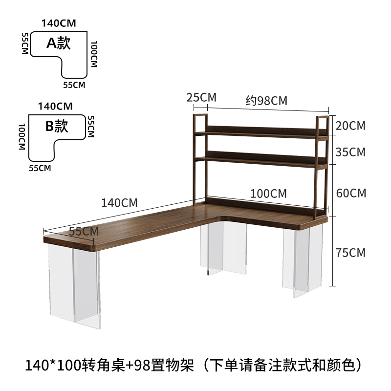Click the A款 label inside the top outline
(x=59, y=43)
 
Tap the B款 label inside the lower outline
(x=57, y=126)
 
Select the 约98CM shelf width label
(x=266, y=101)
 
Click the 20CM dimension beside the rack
(x=350, y=126)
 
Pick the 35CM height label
(x=350, y=152)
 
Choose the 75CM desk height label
(x=350, y=253)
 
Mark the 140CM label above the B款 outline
(x=55, y=106)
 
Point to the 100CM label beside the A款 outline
(x=93, y=53)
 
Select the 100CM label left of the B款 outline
(x=21, y=137)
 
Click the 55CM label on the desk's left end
(x=82, y=231)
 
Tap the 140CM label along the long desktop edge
(x=119, y=202)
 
